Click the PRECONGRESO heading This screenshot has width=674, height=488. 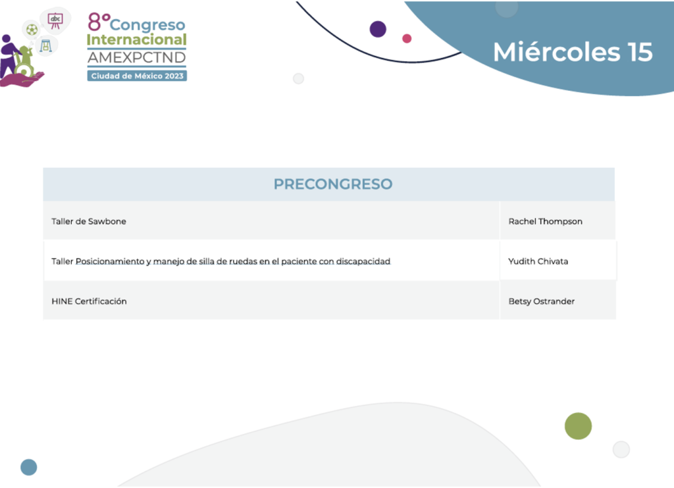332,184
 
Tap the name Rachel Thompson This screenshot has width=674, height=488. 545,221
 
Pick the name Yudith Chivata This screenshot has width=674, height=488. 538,261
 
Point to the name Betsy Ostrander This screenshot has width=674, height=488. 541,302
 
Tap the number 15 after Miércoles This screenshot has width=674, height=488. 640,52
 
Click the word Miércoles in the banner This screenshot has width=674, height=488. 557,52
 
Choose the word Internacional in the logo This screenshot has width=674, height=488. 137,40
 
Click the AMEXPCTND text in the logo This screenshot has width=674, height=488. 137,57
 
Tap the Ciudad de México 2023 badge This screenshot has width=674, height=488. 137,76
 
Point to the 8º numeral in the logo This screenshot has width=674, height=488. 99,22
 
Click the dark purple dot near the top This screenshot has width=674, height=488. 378,29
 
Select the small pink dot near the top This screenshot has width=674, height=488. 407,39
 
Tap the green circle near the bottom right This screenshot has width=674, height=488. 578,426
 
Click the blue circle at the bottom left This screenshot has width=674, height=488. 29,468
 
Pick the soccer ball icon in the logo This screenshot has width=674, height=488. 32,30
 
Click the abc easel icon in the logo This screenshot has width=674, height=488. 55,20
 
